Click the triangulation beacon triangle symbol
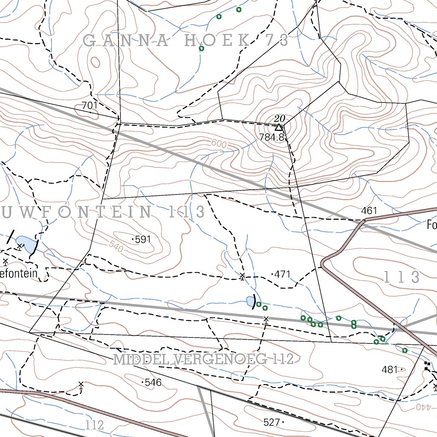click(279, 127)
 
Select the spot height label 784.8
click(271, 137)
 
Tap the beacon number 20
click(280, 118)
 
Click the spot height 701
click(90, 105)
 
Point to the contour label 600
click(218, 145)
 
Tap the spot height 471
click(282, 274)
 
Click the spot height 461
click(369, 210)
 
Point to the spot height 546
click(152, 382)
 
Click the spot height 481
click(390, 370)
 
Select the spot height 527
click(272, 422)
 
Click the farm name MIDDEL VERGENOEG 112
click(204, 360)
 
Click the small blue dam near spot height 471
click(249, 302)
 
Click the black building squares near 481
click(427, 366)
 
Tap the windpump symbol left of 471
click(242, 276)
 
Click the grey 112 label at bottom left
click(94, 425)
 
